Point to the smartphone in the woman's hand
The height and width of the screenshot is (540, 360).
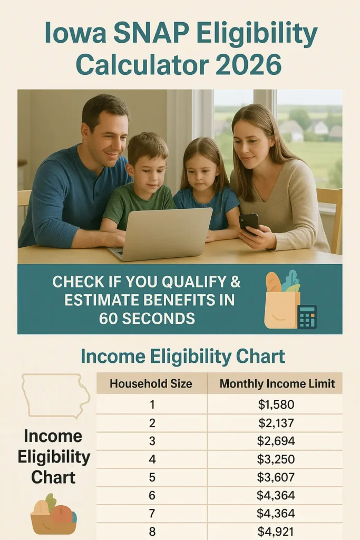point(248,222)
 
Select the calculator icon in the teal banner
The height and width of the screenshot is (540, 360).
point(307,317)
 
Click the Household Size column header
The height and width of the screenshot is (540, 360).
point(151,383)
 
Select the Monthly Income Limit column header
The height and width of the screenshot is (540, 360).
point(277,383)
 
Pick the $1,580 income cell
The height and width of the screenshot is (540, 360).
point(276,404)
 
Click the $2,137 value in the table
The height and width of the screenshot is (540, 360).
point(276,423)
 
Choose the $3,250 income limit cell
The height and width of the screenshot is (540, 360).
point(276,459)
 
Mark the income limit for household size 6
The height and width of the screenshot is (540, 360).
point(276,495)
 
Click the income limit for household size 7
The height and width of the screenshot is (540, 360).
point(276,513)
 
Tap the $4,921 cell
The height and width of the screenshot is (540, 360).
point(276,532)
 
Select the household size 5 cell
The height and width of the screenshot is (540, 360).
point(152,477)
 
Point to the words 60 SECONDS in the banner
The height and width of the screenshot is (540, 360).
point(147,318)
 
